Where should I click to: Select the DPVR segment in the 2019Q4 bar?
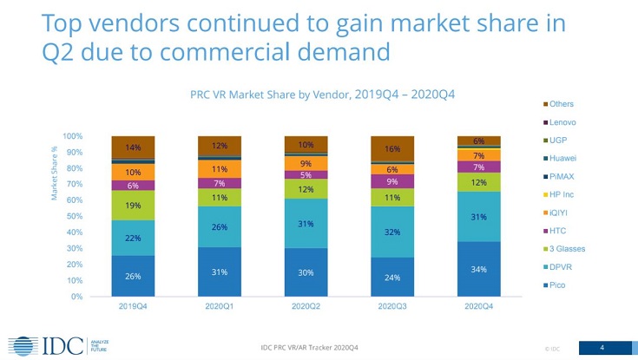click(133, 238)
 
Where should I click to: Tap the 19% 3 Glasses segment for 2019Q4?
click(133, 206)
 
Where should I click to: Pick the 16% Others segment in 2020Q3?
click(393, 148)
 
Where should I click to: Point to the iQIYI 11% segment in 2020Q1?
click(220, 169)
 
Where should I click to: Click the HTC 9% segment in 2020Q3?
click(393, 182)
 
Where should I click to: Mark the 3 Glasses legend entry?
click(567, 249)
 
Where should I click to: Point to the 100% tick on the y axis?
click(74, 136)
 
